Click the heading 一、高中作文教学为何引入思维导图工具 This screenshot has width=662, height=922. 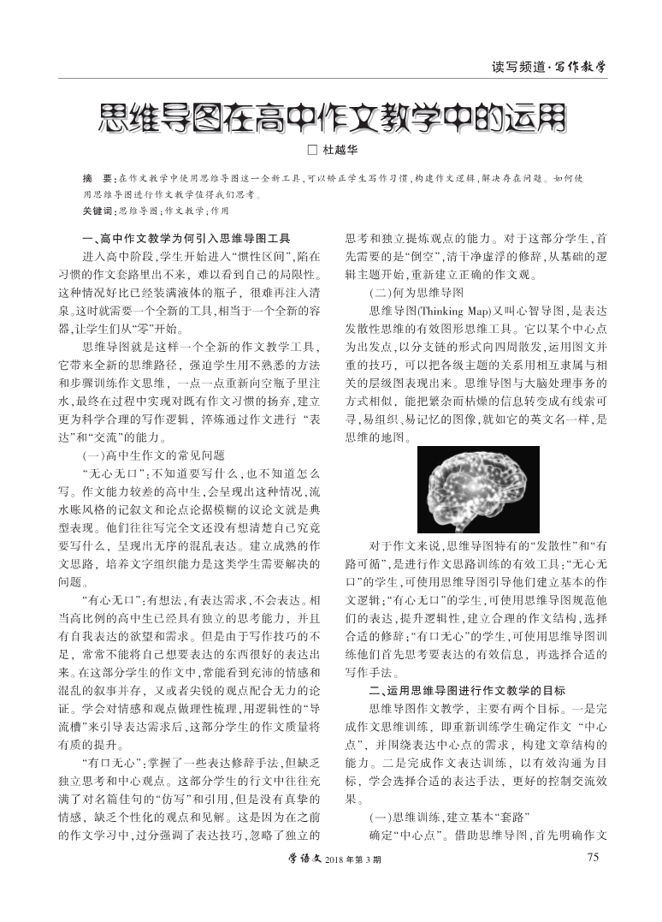pos(186,237)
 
